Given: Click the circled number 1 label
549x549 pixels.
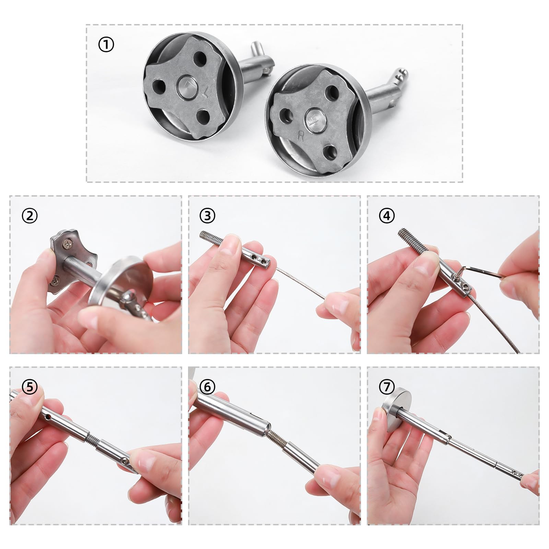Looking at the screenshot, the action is (x=106, y=45).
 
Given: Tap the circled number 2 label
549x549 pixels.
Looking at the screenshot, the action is (x=30, y=216).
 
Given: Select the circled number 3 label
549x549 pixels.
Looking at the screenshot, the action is (x=207, y=216).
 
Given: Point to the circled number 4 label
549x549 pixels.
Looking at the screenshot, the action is (x=387, y=216).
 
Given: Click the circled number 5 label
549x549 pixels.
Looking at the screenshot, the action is (x=30, y=387).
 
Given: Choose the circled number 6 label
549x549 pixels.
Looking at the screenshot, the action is (x=207, y=387).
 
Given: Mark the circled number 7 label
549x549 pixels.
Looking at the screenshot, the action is (x=387, y=387).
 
